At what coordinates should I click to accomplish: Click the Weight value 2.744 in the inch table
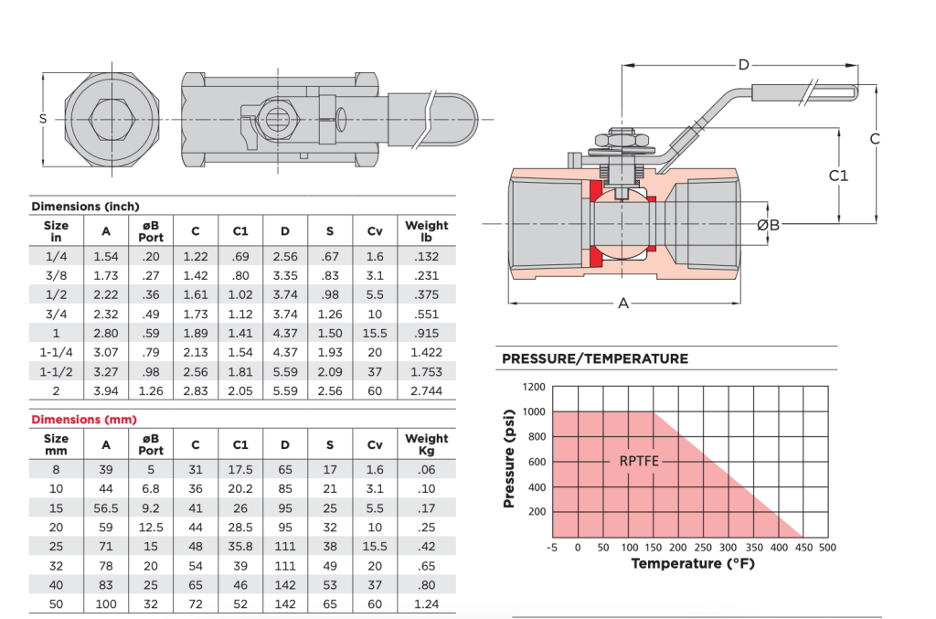(x=427, y=390)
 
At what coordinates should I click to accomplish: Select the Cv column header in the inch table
(x=375, y=230)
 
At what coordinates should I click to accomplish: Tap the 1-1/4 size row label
(x=56, y=352)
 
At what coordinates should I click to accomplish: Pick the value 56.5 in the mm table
(x=106, y=507)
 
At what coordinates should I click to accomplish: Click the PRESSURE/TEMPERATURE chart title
(x=595, y=358)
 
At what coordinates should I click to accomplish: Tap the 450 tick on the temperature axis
(x=802, y=547)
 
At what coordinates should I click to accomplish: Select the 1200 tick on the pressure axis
(x=534, y=387)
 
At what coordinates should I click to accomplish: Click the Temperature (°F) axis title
(x=693, y=563)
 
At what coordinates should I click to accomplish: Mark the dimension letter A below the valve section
(x=624, y=303)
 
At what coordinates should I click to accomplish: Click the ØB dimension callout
(x=769, y=224)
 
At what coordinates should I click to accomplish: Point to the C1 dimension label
(x=838, y=175)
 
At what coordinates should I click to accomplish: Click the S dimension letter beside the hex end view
(x=42, y=119)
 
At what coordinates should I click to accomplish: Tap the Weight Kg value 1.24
(x=427, y=604)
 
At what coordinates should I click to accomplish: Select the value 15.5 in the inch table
(x=375, y=333)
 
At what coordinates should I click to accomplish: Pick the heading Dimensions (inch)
(x=85, y=207)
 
